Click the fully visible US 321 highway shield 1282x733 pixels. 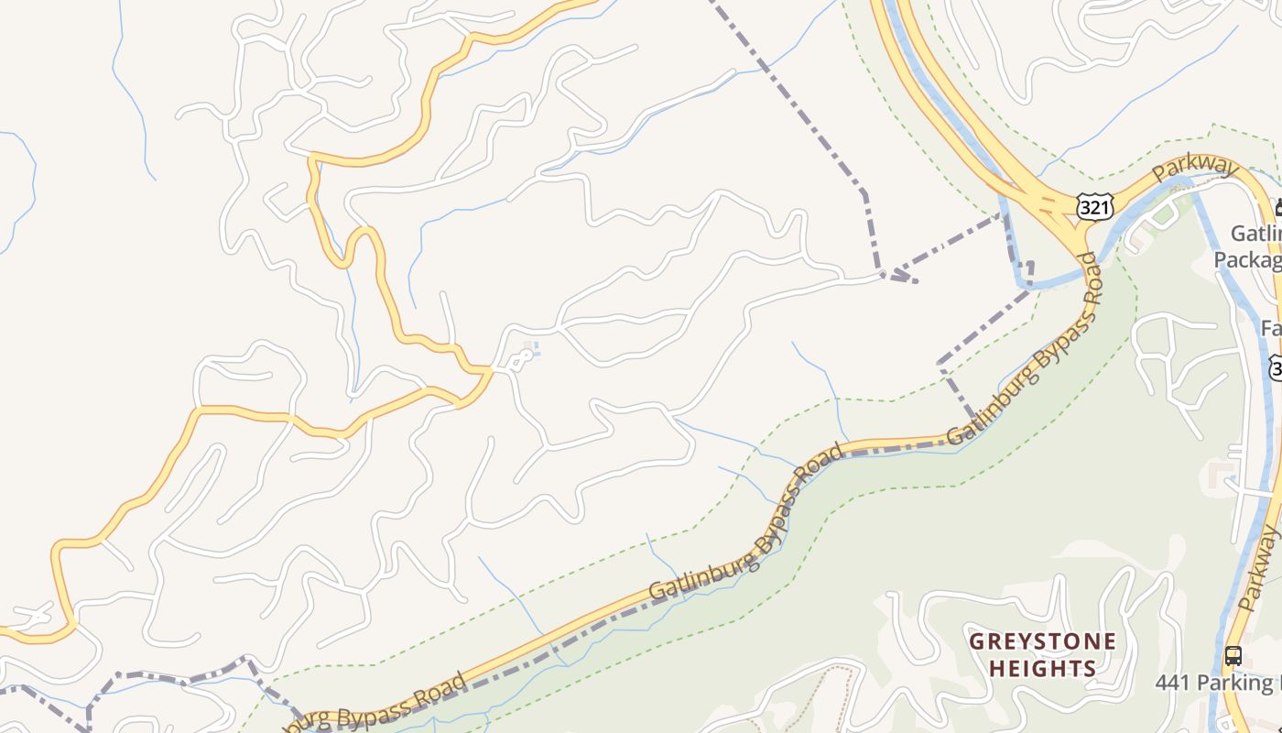click(x=1094, y=207)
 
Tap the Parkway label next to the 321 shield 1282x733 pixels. click(x=1194, y=169)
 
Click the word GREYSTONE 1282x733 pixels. click(x=1043, y=640)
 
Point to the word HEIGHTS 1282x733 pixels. click(x=1042, y=669)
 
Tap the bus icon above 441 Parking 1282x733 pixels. click(x=1233, y=656)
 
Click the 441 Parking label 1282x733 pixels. click(x=1213, y=683)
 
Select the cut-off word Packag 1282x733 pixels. click(x=1246, y=260)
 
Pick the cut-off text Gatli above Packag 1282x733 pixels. click(x=1255, y=234)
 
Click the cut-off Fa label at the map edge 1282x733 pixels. click(x=1270, y=328)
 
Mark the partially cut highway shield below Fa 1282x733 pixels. click(x=1275, y=367)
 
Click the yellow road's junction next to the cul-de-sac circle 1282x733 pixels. click(x=493, y=370)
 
